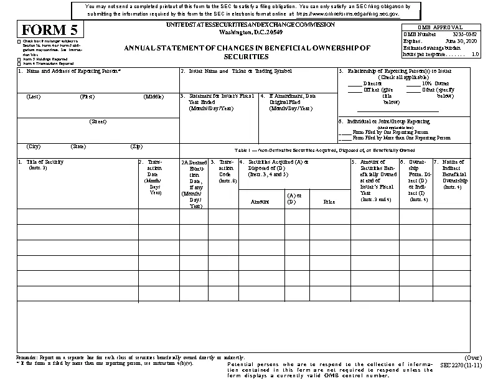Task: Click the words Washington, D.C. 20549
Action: click(250, 31)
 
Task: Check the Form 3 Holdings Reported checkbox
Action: click(19, 60)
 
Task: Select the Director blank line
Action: click(354, 83)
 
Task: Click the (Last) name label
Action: click(34, 96)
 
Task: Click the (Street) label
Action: click(98, 121)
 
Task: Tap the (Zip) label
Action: click(136, 146)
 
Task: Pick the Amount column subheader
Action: click(260, 202)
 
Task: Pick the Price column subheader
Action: click(329, 202)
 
